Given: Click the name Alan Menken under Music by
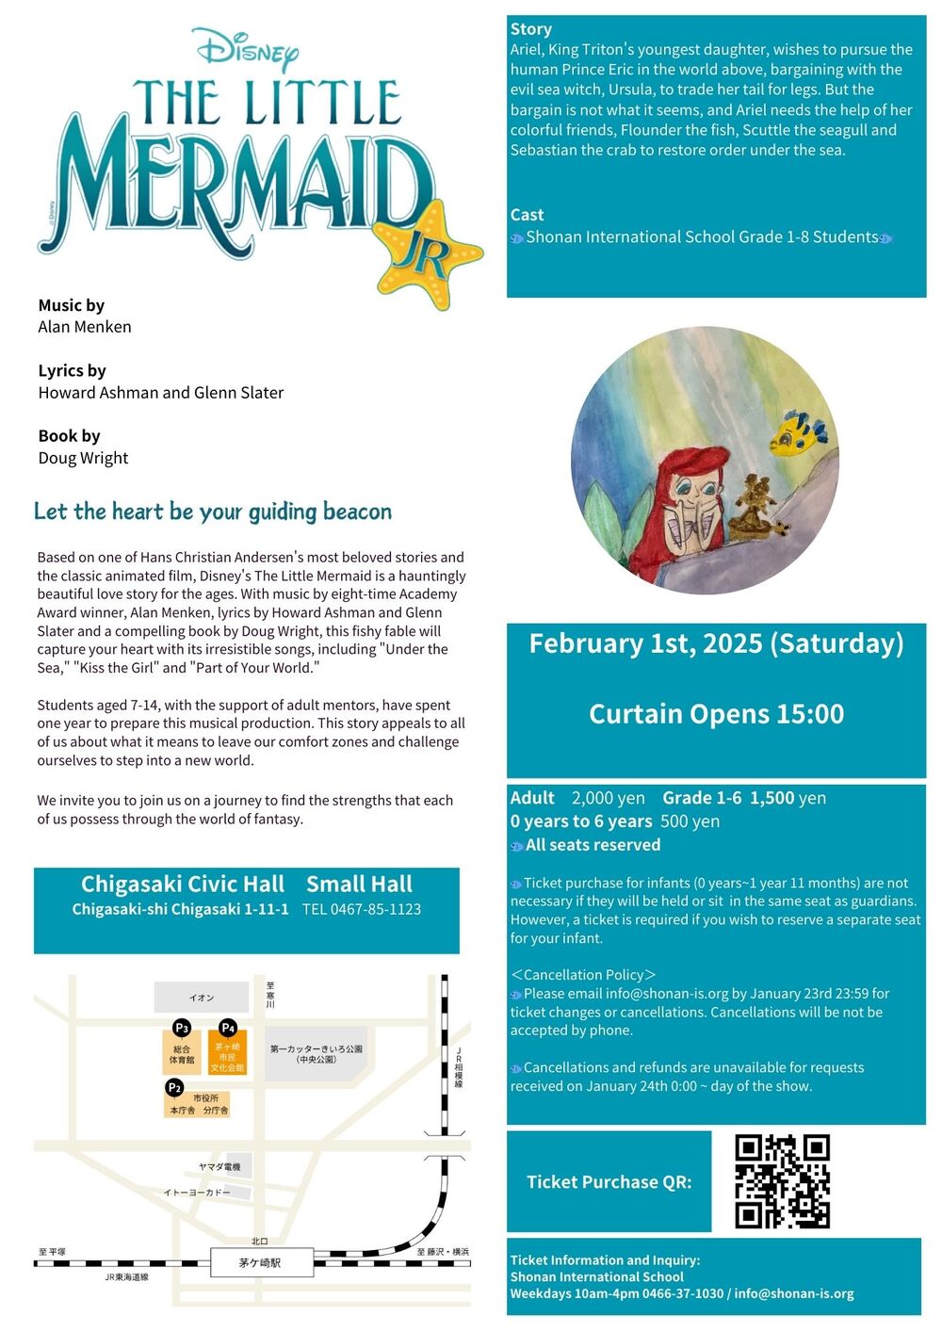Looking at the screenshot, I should tap(85, 327).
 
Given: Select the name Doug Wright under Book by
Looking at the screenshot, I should tap(83, 458).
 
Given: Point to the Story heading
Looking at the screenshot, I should tap(531, 29).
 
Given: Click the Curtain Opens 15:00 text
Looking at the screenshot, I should tap(716, 714).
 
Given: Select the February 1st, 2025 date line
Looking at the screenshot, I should tap(716, 643).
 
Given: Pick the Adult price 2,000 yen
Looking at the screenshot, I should tap(608, 798).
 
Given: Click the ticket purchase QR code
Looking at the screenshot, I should tap(782, 1181).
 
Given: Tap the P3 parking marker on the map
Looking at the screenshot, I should tap(182, 1028).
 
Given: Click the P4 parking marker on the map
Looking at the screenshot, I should tap(227, 1028).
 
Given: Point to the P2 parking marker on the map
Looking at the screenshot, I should tap(174, 1088).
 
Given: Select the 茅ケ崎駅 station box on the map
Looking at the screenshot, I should tap(260, 1262).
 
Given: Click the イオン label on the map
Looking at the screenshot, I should tap(202, 998).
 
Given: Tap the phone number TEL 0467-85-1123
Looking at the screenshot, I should tap(362, 909).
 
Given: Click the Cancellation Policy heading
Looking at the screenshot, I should tap(583, 975).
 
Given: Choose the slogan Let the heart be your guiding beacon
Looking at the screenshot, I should tap(213, 512).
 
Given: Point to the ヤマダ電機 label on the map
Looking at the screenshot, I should tap(219, 1167).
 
